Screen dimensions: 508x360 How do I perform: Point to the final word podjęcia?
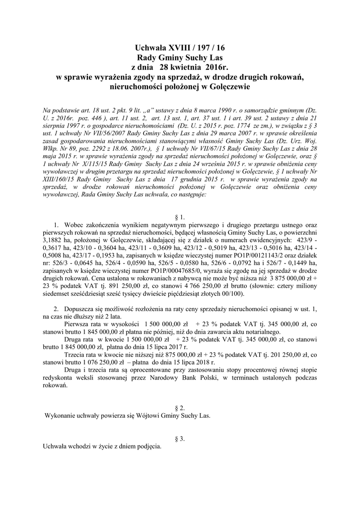[x=147, y=446]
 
